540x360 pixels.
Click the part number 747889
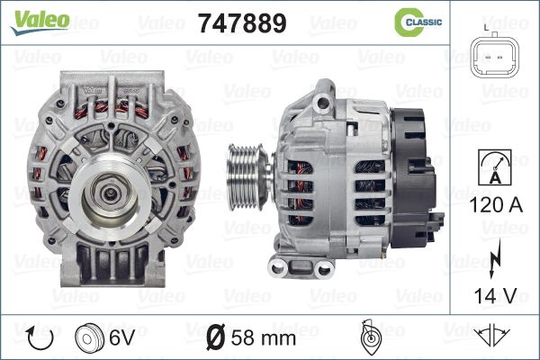tap(242, 23)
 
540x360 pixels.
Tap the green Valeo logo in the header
tap(40, 22)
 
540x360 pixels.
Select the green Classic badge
tap(418, 22)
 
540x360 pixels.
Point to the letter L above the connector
tap(486, 28)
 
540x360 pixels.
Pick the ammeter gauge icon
tap(495, 167)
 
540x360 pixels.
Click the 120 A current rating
tap(496, 205)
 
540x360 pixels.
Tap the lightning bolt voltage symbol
tap(494, 258)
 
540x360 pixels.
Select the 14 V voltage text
tap(496, 295)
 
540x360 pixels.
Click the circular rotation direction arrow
tap(40, 337)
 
